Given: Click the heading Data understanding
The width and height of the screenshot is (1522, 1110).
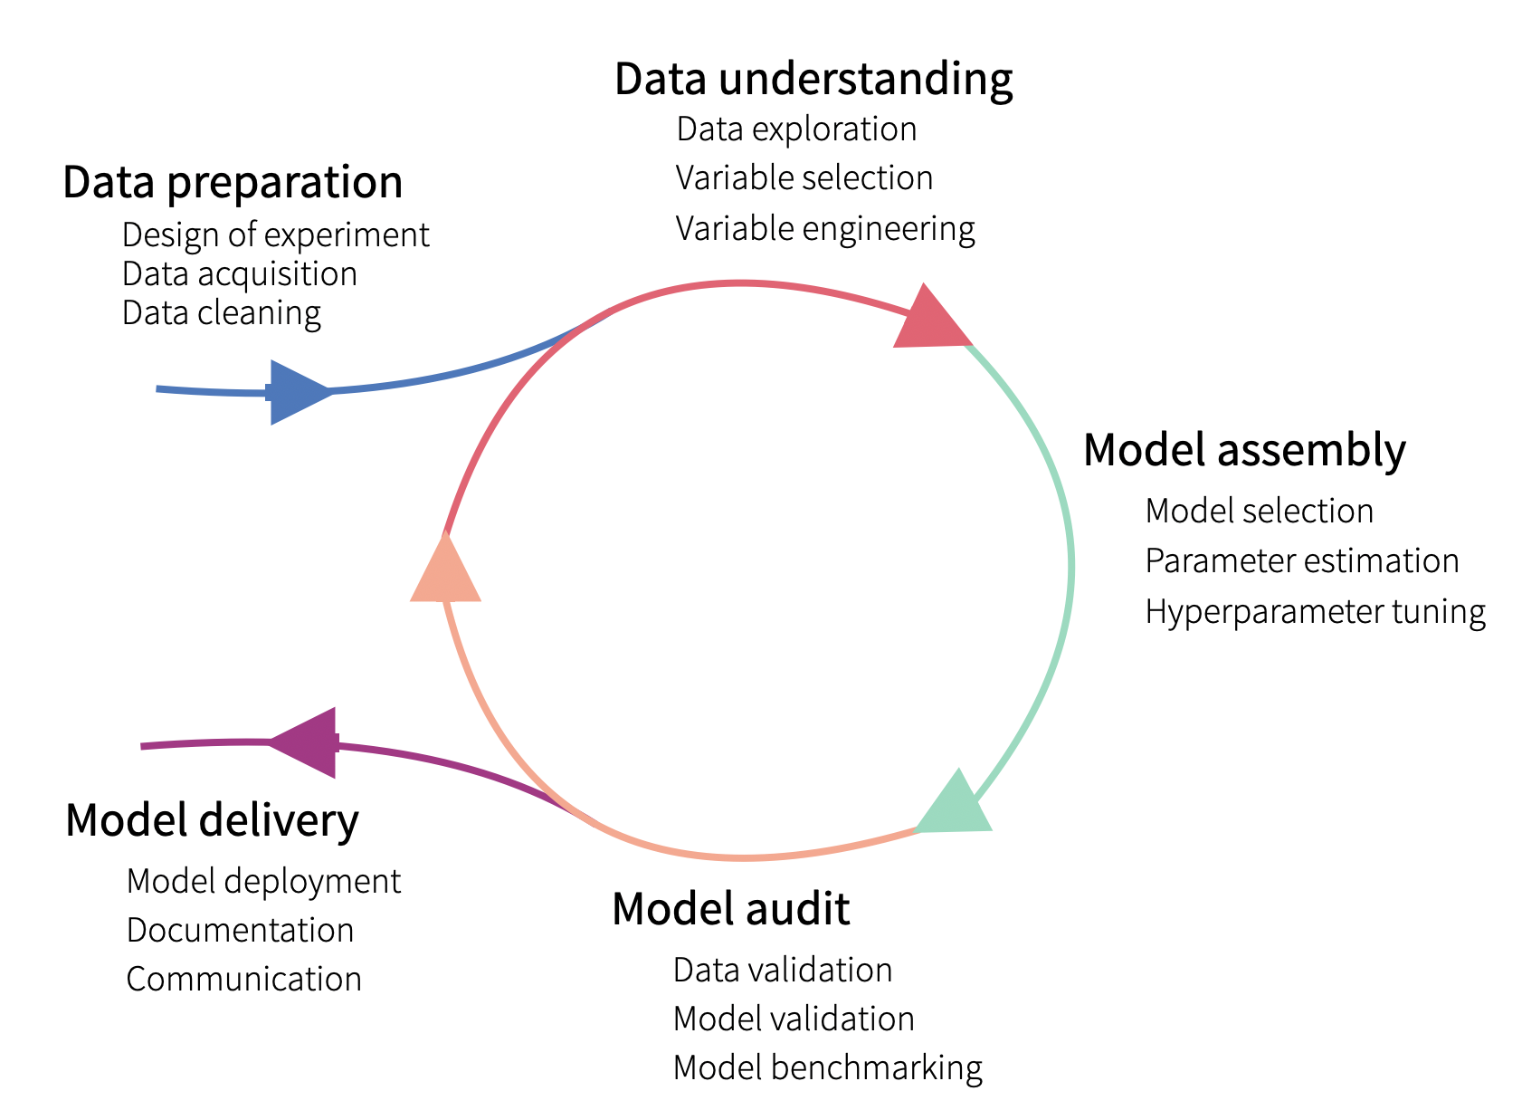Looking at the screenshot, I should tap(813, 79).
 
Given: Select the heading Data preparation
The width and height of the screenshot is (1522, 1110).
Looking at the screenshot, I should tap(233, 183).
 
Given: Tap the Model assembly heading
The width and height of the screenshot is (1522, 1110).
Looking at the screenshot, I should tap(1244, 450).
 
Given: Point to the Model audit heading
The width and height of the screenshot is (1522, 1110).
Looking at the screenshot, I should tap(730, 908).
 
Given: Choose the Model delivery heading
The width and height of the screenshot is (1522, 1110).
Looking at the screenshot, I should tap(212, 821).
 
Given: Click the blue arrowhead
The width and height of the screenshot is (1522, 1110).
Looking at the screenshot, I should tap(297, 392).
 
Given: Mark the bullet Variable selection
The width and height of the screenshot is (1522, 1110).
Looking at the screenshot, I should tap(804, 178).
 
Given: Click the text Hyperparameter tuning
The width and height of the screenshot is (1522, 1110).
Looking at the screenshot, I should tap(1315, 613).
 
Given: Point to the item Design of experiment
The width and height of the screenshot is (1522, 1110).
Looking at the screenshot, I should tap(275, 235).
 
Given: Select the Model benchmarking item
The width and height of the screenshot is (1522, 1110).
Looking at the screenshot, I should tap(827, 1068).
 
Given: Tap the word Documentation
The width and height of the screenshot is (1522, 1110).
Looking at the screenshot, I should tap(240, 931).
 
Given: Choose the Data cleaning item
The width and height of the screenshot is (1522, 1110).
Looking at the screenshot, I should tap(222, 313).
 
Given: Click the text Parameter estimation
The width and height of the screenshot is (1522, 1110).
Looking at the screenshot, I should tap(1301, 561).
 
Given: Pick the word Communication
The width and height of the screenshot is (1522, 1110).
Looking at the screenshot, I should tap(243, 980).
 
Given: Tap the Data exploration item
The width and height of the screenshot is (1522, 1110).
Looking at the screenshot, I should tap(796, 129).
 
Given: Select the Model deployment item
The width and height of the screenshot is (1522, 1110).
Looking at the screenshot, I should tap(263, 882).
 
